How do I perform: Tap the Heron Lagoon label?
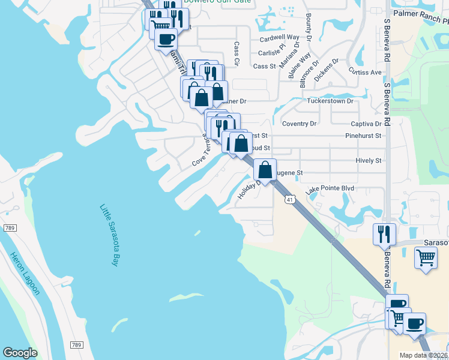[x=25, y=273]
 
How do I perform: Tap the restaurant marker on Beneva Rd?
[x=384, y=235]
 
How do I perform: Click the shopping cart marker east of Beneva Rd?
[x=426, y=258]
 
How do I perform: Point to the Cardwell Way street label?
[x=279, y=37]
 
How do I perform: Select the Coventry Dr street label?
[x=298, y=124]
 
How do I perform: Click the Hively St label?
[x=368, y=161]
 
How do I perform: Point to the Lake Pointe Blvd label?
[x=330, y=189]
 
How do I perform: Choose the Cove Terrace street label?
[x=202, y=150]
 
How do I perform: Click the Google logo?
[x=20, y=353]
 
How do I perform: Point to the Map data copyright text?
[x=423, y=355]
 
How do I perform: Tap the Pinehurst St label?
[x=363, y=136]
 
